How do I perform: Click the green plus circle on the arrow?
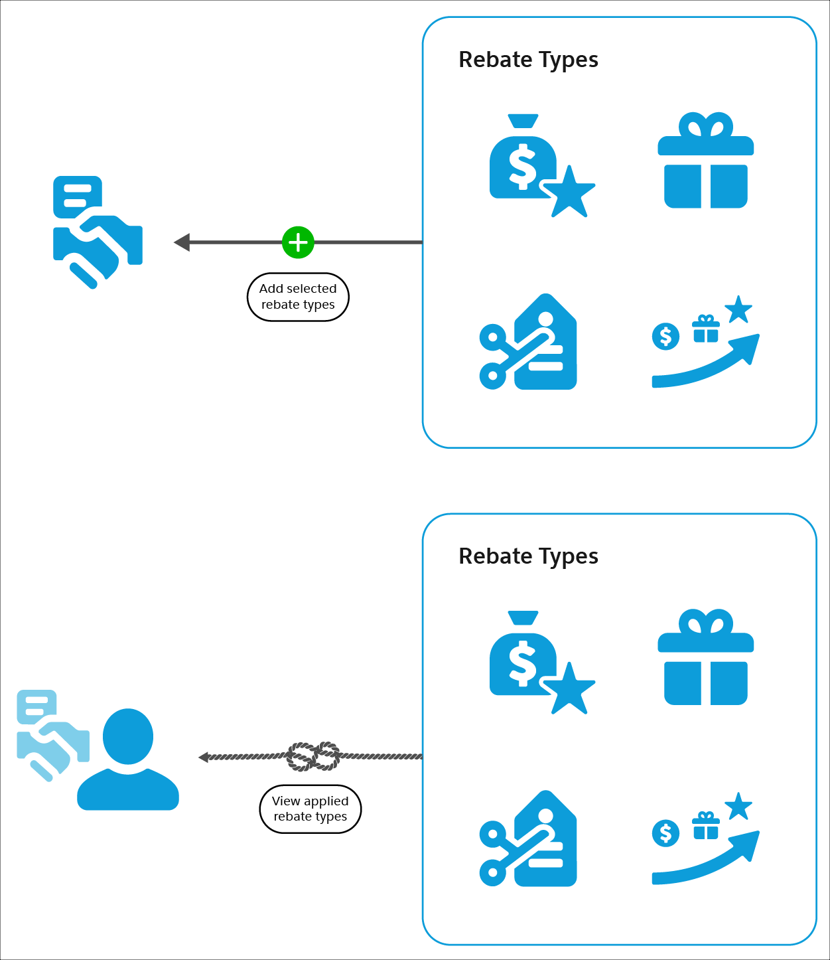point(298,242)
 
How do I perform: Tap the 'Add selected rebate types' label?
point(298,297)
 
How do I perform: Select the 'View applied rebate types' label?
point(311,809)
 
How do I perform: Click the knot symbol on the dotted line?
point(313,756)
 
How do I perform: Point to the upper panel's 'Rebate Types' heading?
point(528,60)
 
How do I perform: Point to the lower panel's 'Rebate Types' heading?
point(528,556)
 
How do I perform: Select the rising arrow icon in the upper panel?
point(705,345)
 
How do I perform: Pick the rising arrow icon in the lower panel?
point(705,842)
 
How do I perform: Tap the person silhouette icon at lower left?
point(128,760)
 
